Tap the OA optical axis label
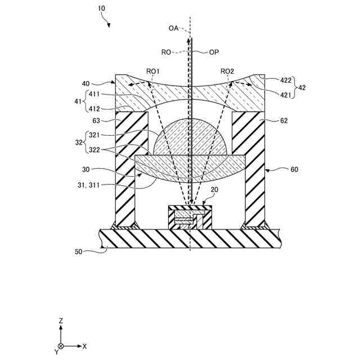tap(173, 28)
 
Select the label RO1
tap(153, 71)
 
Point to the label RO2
tap(227, 71)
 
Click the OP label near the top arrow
tap(214, 52)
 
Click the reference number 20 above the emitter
tap(214, 190)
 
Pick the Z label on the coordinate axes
tap(61, 320)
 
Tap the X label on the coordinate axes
tap(84, 346)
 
